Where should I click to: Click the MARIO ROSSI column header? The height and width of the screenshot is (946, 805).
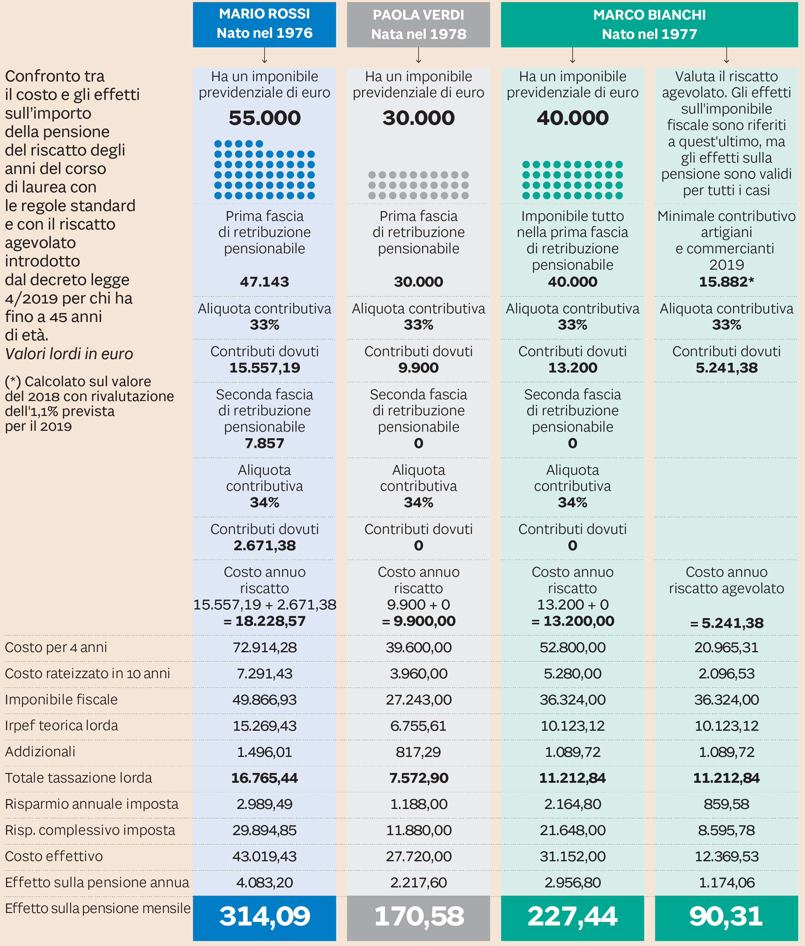point(264,24)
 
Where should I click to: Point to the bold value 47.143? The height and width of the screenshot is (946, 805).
point(265,282)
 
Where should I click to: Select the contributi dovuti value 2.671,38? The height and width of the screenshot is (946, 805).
point(265,545)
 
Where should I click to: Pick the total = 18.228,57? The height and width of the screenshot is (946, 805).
point(265,621)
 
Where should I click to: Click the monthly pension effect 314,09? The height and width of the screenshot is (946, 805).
point(265,916)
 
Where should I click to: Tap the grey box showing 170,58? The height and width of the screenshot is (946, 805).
point(419,916)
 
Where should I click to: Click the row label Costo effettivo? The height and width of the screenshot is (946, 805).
point(54,856)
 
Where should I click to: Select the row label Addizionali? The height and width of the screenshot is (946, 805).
point(40,752)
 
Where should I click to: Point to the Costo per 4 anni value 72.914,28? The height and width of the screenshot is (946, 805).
point(265,647)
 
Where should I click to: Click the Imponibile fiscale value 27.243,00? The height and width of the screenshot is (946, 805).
point(419,700)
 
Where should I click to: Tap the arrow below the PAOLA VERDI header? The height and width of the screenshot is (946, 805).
point(419,56)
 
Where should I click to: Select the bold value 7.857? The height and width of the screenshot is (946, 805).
point(265,443)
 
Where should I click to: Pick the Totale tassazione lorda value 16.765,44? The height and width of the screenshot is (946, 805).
point(265,778)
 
